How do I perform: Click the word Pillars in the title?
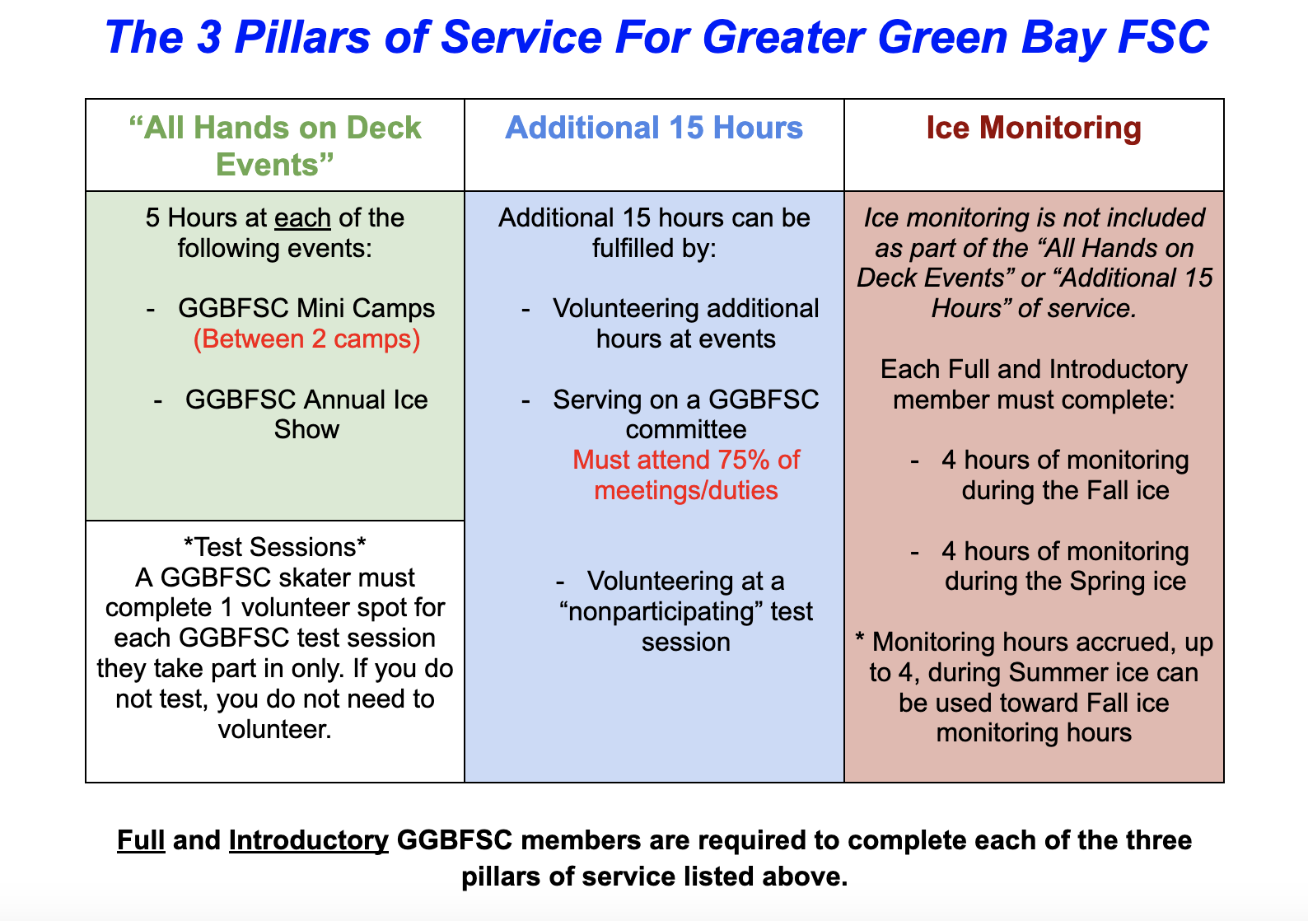tap(302, 37)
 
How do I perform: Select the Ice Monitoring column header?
tap(1034, 128)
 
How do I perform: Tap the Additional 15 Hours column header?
tap(654, 128)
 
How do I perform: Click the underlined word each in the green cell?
tap(302, 217)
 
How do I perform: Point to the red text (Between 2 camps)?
tap(306, 339)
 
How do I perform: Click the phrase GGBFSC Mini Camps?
tap(306, 308)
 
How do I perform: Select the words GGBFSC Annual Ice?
tap(306, 400)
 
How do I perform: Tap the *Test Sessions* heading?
tap(274, 547)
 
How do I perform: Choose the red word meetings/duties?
tap(686, 491)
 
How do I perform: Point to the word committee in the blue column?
tap(686, 430)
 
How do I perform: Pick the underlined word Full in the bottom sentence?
tap(141, 840)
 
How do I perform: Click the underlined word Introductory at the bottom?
tap(308, 841)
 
